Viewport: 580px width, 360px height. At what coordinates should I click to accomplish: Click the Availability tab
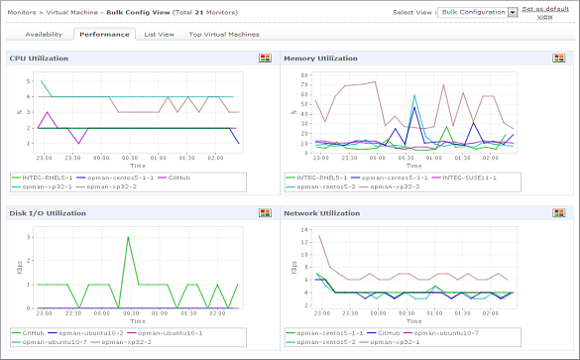(43, 34)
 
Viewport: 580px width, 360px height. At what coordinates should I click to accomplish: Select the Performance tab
(104, 34)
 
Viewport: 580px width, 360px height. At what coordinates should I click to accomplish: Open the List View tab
(159, 34)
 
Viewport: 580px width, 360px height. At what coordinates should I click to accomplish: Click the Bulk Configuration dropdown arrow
(513, 12)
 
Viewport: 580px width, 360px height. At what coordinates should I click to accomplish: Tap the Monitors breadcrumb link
(23, 11)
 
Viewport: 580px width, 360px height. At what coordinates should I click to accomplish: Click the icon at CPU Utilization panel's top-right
(265, 59)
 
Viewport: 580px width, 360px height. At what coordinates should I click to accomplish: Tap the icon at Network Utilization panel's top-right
(562, 212)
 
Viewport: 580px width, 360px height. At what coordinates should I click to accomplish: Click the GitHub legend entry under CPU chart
(178, 177)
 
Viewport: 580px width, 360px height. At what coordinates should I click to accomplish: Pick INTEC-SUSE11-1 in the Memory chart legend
(463, 177)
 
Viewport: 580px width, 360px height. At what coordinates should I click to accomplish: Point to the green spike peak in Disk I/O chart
(127, 238)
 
